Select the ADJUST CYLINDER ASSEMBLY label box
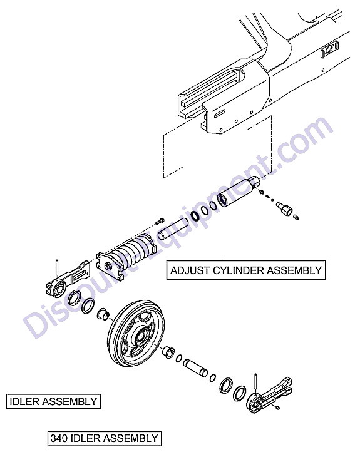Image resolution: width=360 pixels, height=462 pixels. pyautogui.click(x=246, y=270)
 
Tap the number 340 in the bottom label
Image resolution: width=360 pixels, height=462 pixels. pyautogui.click(x=59, y=438)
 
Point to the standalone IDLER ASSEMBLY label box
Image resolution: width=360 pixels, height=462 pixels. pyautogui.click(x=53, y=401)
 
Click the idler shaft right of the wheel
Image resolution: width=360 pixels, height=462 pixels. pyautogui.click(x=195, y=367)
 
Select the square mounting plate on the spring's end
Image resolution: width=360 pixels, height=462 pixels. pyautogui.click(x=109, y=265)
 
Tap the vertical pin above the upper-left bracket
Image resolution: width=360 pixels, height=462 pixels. pyautogui.click(x=57, y=267)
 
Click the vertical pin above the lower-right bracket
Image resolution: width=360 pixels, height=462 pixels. pyautogui.click(x=255, y=382)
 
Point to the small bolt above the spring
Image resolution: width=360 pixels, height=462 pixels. pyautogui.click(x=160, y=220)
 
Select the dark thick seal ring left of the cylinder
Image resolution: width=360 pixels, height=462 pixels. pyautogui.click(x=195, y=216)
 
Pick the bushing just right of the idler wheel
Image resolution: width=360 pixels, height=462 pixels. pyautogui.click(x=169, y=352)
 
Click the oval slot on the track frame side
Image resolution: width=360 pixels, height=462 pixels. pyautogui.click(x=220, y=113)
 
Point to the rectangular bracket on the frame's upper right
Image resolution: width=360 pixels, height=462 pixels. pyautogui.click(x=329, y=50)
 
